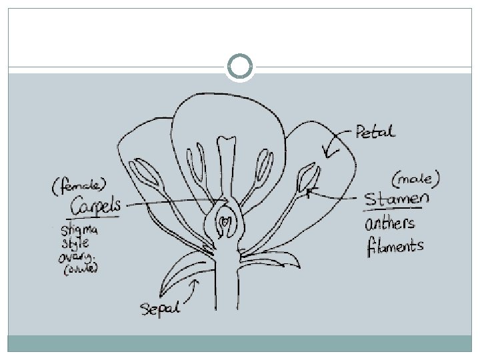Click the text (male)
pos(416,178)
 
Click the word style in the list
pos(75,243)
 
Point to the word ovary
pos(79,256)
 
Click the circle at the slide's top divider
pos(240,67)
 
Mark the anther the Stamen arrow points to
pos(309,179)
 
